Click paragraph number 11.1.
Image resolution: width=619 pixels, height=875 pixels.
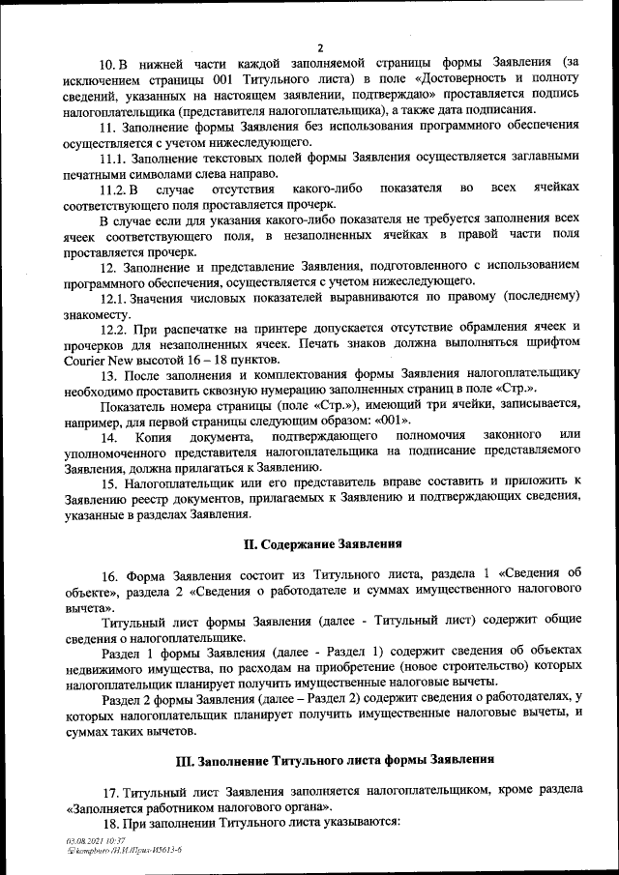click(114, 157)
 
